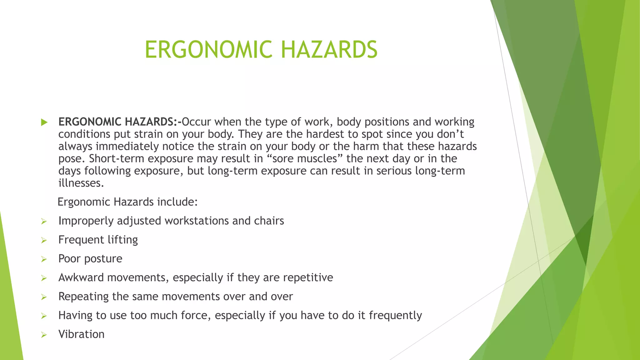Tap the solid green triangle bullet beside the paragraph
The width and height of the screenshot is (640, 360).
point(44,122)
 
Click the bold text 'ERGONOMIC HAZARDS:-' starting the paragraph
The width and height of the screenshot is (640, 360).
point(120,122)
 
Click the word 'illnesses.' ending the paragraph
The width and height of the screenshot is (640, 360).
point(81,183)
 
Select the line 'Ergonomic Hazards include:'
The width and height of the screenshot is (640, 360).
point(128,202)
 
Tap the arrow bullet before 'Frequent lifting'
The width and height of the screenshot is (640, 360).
point(44,240)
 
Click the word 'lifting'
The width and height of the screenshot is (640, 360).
point(122,240)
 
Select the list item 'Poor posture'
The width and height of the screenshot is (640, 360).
point(90,259)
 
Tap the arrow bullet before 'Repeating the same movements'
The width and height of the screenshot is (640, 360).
point(44,297)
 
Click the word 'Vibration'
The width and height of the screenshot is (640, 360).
point(81,334)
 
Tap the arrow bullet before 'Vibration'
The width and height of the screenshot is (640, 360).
point(44,335)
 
